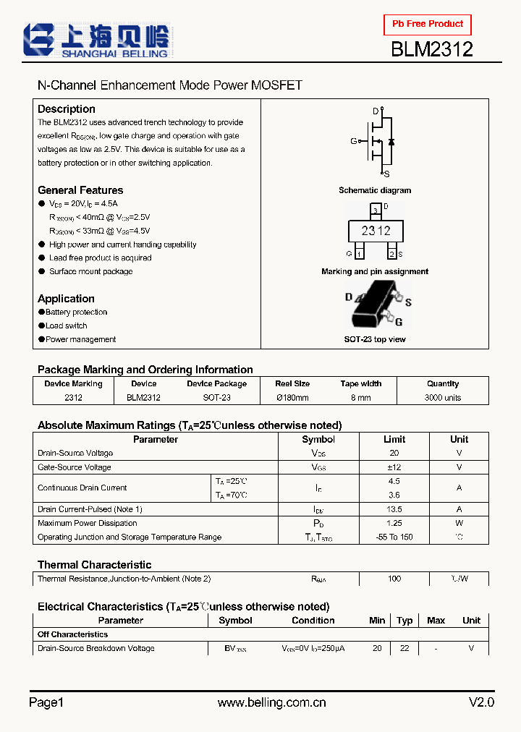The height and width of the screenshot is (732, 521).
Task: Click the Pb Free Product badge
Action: coord(428,25)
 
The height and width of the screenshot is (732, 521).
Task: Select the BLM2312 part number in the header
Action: coord(432,49)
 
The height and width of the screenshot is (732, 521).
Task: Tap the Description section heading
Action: coord(66,108)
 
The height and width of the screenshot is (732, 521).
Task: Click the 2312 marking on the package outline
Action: coord(376,231)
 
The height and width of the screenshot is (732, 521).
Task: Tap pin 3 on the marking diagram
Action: coord(375,210)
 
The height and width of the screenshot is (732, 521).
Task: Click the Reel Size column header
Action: coord(292,384)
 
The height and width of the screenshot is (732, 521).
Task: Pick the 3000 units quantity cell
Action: coord(442,398)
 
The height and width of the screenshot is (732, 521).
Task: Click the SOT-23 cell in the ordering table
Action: coord(216,398)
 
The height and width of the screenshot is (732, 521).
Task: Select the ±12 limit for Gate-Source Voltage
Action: coord(394,467)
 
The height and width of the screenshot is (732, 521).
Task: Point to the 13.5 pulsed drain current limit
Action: coord(394,509)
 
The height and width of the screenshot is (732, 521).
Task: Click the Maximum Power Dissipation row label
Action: coord(87,523)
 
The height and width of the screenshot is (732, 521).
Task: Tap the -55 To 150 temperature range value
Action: coord(394,537)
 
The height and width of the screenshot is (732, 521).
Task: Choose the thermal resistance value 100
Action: coord(394,579)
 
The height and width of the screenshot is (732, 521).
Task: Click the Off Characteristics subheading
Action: coord(72,634)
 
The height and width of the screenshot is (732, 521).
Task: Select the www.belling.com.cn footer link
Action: coord(271,702)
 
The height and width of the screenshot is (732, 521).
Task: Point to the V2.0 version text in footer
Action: coord(481,702)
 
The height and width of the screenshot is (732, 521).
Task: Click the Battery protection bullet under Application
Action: coord(76,312)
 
